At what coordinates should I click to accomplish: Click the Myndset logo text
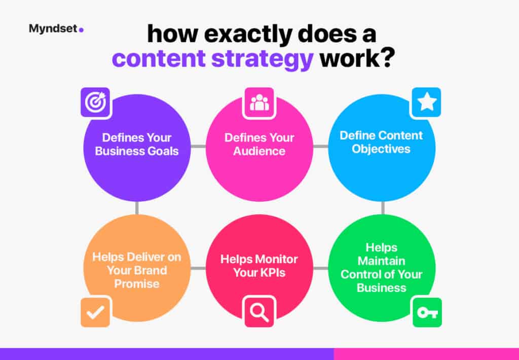pos(53,29)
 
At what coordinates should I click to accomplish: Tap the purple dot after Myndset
pos(82,30)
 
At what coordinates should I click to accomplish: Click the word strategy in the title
pos(262,59)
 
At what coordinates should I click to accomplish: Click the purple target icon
pos(95,102)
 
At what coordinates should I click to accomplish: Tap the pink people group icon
pos(259,102)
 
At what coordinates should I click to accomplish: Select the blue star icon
pos(426,102)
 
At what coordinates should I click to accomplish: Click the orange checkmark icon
pos(95,312)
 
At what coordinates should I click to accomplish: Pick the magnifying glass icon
pos(259,312)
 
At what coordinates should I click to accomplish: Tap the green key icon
pos(427,312)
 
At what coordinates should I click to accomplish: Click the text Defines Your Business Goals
pos(137,145)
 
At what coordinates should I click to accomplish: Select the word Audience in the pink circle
pos(259,151)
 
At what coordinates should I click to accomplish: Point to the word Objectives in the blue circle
pos(381,149)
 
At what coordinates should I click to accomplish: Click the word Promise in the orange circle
pos(137,284)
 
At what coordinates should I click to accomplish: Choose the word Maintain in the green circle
pos(381,261)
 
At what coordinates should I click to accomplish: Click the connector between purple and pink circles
pos(198,147)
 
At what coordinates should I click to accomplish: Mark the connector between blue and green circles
pos(383,208)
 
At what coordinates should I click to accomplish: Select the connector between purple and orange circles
pos(137,208)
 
